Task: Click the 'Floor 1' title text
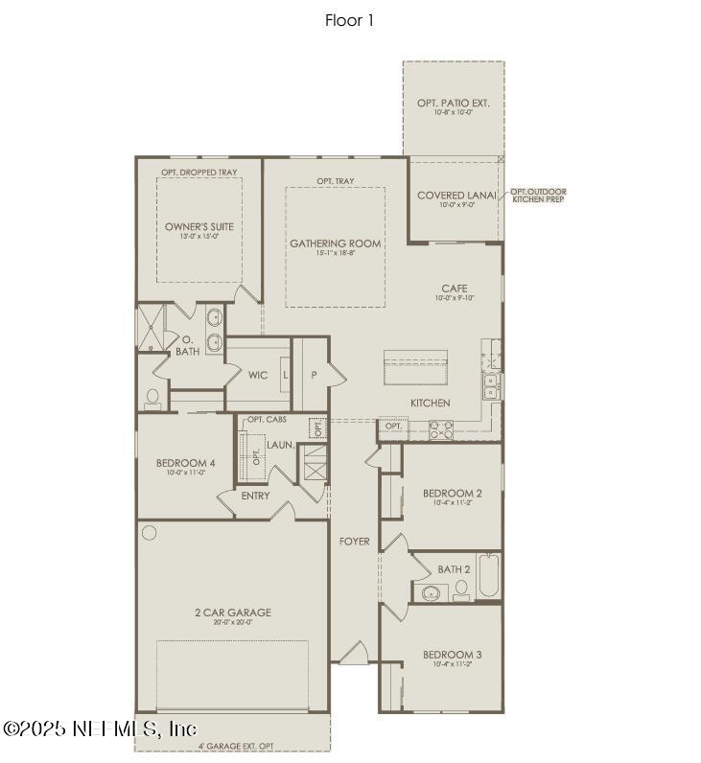350,19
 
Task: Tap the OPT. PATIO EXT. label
453,103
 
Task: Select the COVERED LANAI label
456,196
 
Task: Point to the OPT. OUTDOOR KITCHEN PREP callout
538,196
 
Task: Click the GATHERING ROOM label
335,243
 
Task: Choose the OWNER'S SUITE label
199,227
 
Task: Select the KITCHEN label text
430,403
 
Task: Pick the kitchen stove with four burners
439,430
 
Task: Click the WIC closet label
257,375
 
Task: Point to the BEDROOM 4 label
185,463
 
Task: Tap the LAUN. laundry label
280,445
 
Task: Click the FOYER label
354,542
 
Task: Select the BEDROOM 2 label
452,494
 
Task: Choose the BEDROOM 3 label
452,656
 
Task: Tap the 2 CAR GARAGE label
233,613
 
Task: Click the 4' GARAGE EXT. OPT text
236,746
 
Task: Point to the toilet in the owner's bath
152,398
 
